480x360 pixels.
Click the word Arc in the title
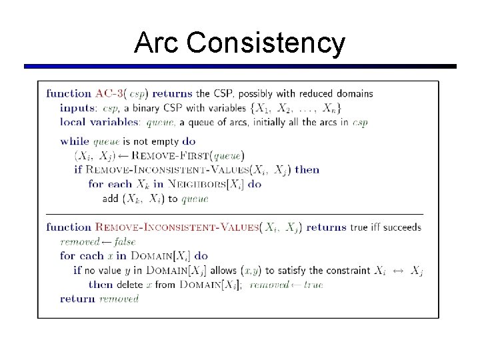[x=157, y=43]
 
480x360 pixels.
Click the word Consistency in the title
[x=266, y=43]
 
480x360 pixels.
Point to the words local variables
[x=100, y=122]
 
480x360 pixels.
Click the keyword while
[x=74, y=141]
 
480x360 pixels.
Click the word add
[x=111, y=198]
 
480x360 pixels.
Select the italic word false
[x=125, y=241]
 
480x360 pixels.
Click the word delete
[x=135, y=285]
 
